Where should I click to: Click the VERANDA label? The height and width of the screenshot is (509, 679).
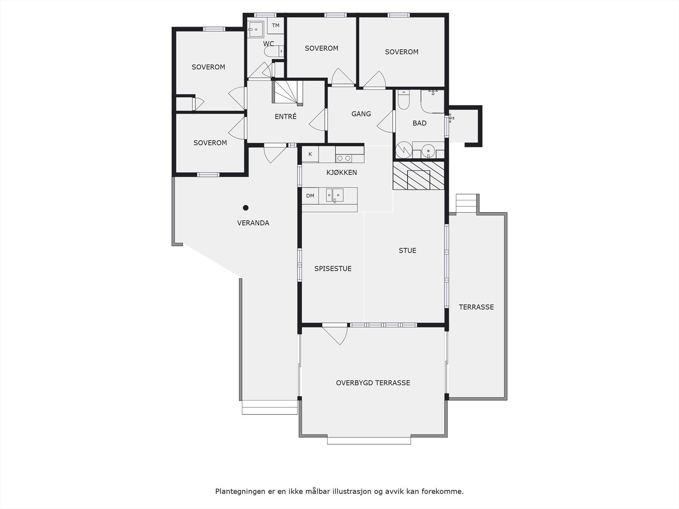tap(253, 223)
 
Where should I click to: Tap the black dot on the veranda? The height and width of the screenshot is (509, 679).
tap(245, 208)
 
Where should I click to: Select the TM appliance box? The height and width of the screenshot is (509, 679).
tap(276, 25)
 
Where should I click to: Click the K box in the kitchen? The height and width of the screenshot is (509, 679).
tap(310, 154)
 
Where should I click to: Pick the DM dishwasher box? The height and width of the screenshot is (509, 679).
tap(310, 196)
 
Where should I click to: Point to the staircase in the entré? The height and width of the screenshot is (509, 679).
tap(287, 92)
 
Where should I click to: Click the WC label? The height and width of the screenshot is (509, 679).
tap(268, 44)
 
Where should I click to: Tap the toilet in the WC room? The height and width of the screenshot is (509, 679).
tap(272, 52)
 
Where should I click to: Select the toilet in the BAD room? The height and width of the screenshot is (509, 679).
tap(403, 100)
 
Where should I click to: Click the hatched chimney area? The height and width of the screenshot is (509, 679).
tap(418, 176)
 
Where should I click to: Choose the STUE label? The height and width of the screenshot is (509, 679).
tap(407, 250)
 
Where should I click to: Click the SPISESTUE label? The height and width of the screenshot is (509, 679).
tap(333, 268)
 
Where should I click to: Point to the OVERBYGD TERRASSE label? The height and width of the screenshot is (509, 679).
tap(373, 383)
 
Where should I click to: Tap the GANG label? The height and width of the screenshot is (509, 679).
tap(361, 114)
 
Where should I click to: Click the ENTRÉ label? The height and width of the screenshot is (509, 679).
tap(286, 117)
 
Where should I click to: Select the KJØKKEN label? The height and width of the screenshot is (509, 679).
tap(342, 172)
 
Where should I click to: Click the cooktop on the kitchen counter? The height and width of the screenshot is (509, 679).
tap(344, 158)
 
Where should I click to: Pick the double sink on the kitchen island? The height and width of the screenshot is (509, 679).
tap(334, 195)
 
